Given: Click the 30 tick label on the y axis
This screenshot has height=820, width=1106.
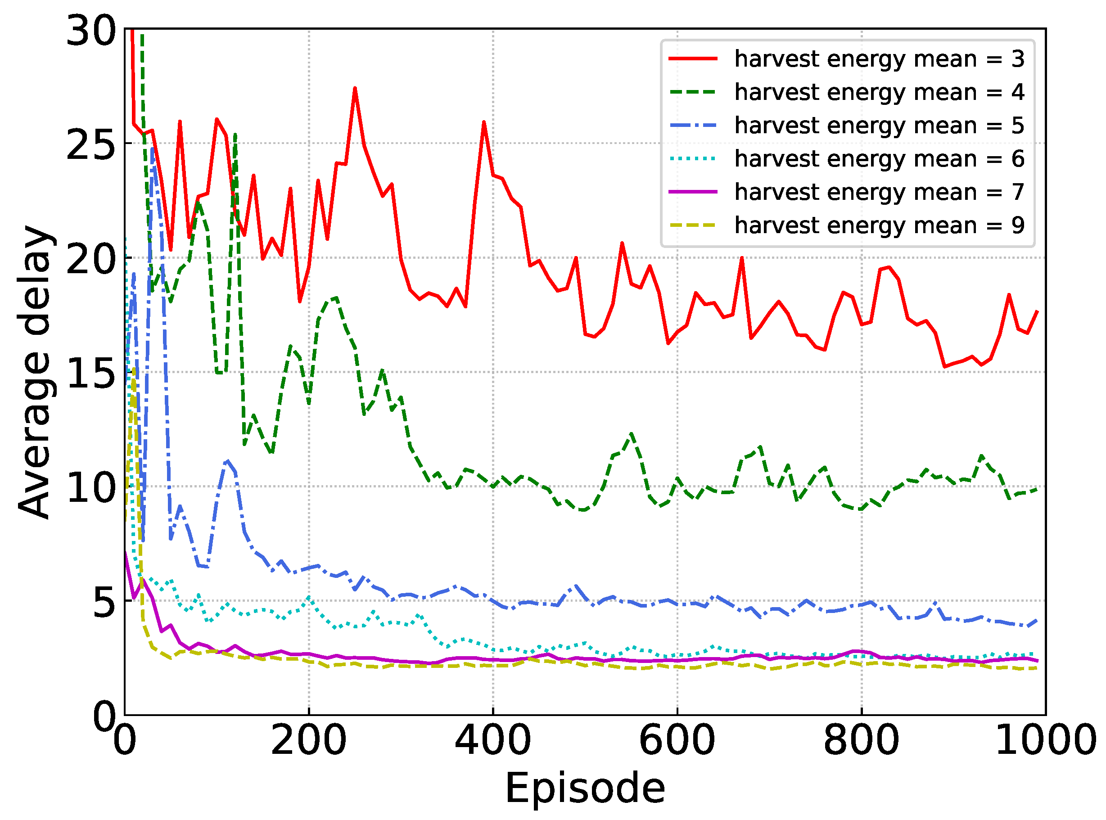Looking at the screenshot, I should coord(91,31).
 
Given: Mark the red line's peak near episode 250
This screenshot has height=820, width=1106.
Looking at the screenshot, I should coord(355,88).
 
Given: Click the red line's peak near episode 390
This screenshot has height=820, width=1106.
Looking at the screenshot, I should coord(484,122).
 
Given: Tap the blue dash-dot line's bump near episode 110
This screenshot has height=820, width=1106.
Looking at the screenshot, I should coord(227,461).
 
